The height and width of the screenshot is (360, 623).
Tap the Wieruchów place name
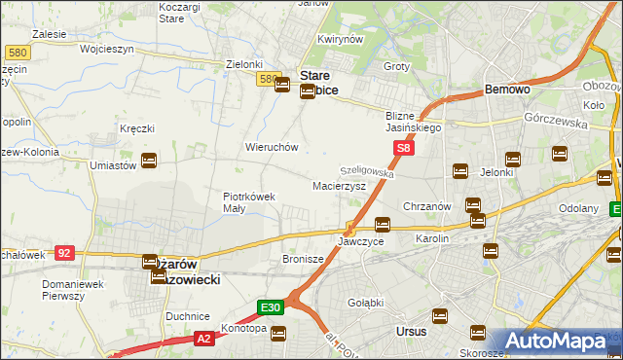click(x=271, y=147)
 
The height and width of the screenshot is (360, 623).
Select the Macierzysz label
click(x=339, y=185)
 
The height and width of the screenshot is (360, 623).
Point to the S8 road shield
click(x=404, y=148)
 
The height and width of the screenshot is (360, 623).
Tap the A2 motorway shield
click(x=202, y=338)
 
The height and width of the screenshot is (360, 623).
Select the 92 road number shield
click(x=64, y=252)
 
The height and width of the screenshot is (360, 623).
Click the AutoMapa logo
click(x=564, y=342)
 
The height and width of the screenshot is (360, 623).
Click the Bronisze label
click(x=302, y=260)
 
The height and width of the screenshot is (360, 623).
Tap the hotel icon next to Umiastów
click(x=149, y=161)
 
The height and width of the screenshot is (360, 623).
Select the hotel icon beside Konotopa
click(x=278, y=334)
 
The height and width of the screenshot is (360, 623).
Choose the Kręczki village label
click(x=137, y=128)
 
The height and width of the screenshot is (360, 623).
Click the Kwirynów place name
click(x=340, y=40)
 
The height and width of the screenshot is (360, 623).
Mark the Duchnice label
click(x=188, y=316)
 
